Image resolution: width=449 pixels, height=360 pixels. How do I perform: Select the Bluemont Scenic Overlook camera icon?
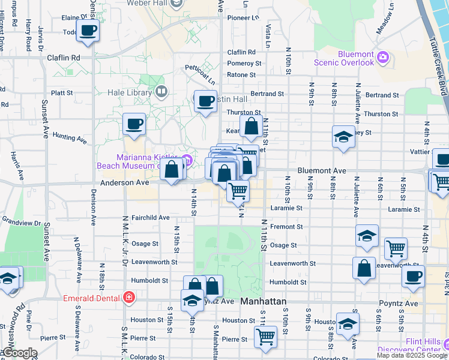click(x=382, y=58)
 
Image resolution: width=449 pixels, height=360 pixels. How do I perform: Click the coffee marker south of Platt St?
click(x=134, y=124)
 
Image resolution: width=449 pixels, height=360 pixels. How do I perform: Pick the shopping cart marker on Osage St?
click(x=396, y=247)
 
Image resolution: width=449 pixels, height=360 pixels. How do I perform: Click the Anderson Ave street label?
click(x=124, y=182)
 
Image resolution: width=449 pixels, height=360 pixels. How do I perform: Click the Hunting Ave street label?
click(x=70, y=137)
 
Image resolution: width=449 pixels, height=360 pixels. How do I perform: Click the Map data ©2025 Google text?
click(x=412, y=355)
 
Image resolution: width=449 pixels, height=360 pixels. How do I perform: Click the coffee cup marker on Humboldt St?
click(x=413, y=275)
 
